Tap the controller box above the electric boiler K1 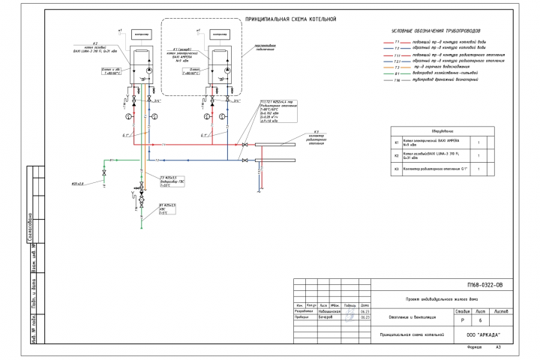(221, 34)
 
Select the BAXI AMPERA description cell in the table (435, 141)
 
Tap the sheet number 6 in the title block (478, 319)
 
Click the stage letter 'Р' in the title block (456, 319)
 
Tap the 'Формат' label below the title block (473, 348)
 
